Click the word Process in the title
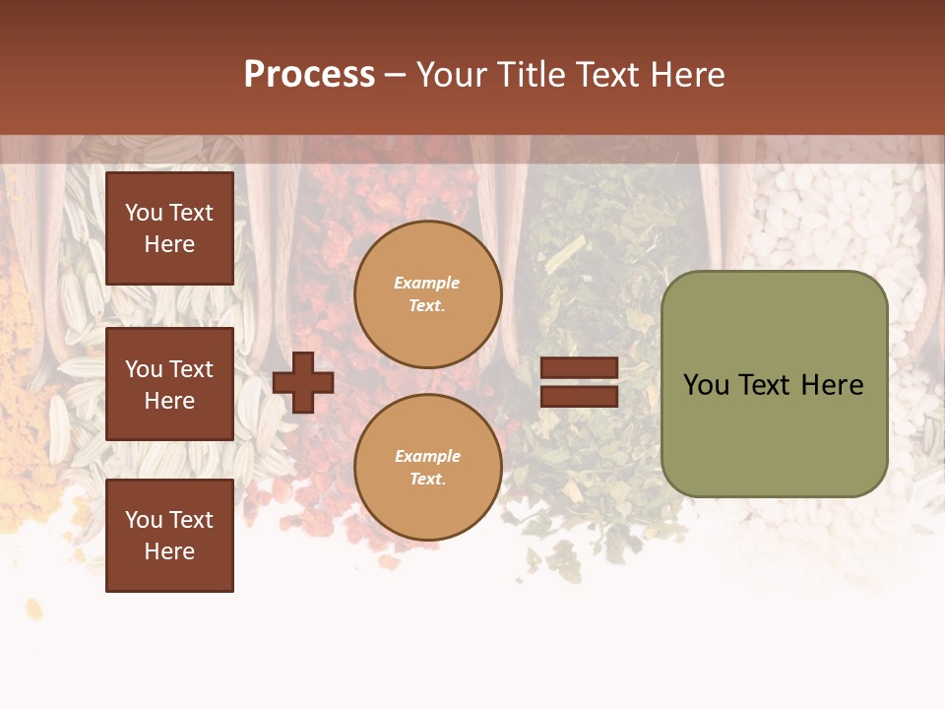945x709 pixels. (x=309, y=75)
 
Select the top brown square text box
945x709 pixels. (x=169, y=228)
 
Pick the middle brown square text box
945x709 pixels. (x=169, y=384)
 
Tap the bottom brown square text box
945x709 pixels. (x=169, y=536)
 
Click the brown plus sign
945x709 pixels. (x=303, y=382)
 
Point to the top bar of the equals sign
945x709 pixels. (x=579, y=367)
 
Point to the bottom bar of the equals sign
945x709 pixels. (x=579, y=396)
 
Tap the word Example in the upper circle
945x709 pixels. (x=426, y=283)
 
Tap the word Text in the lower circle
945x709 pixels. (x=426, y=480)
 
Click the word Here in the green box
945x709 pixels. (x=832, y=385)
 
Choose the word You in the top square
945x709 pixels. (x=143, y=213)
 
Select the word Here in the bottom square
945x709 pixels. (x=169, y=551)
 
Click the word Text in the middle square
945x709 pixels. (x=191, y=369)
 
